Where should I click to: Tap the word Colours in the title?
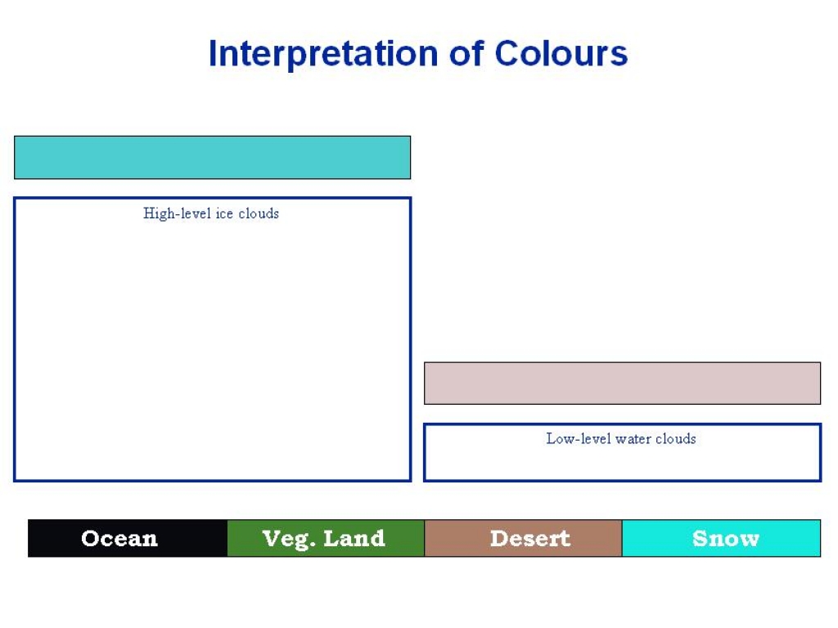[561, 53]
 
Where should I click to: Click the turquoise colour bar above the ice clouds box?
[212, 158]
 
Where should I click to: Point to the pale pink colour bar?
[622, 384]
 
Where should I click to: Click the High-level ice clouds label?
[211, 213]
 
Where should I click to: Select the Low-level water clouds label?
[621, 438]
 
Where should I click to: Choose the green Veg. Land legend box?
[326, 538]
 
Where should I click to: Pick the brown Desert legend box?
[523, 538]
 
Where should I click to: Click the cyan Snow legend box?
[722, 538]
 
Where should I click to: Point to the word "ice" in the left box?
[224, 213]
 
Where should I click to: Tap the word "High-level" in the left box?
[177, 213]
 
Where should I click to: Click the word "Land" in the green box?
[354, 538]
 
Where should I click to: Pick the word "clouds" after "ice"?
[259, 213]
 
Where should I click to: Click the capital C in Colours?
[508, 53]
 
